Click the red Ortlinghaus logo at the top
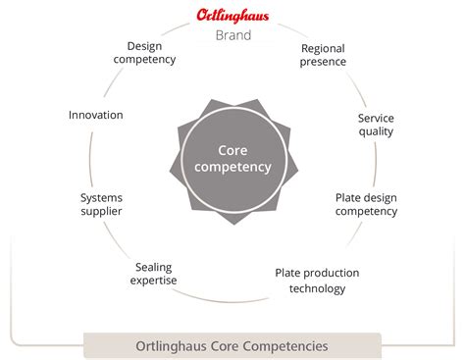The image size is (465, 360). [232, 17]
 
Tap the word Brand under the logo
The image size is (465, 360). [232, 36]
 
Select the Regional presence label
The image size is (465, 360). [324, 55]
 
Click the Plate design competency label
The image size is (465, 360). [366, 203]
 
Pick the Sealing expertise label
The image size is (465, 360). [156, 273]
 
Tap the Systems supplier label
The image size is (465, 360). [101, 204]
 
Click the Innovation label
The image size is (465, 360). [96, 115]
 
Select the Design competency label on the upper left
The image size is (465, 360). [151, 52]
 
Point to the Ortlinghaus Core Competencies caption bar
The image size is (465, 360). [232, 345]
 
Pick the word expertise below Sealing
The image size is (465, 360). [156, 281]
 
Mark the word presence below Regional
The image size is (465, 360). [324, 63]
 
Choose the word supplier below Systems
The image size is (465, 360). [101, 212]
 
